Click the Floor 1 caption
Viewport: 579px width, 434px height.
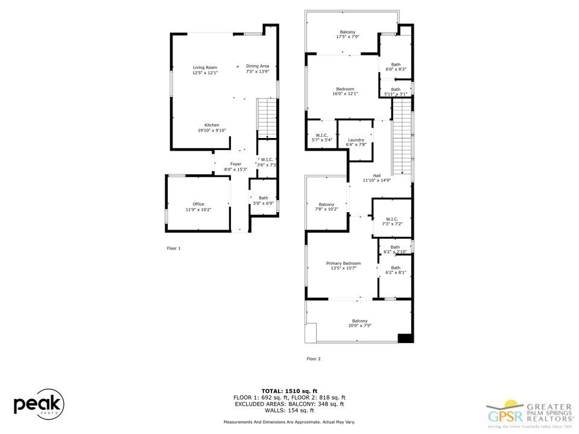click(x=173, y=248)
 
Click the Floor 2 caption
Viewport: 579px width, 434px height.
click(x=314, y=359)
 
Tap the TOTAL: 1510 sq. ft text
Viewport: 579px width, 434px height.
click(x=289, y=391)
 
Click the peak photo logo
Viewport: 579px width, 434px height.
click(x=39, y=403)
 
